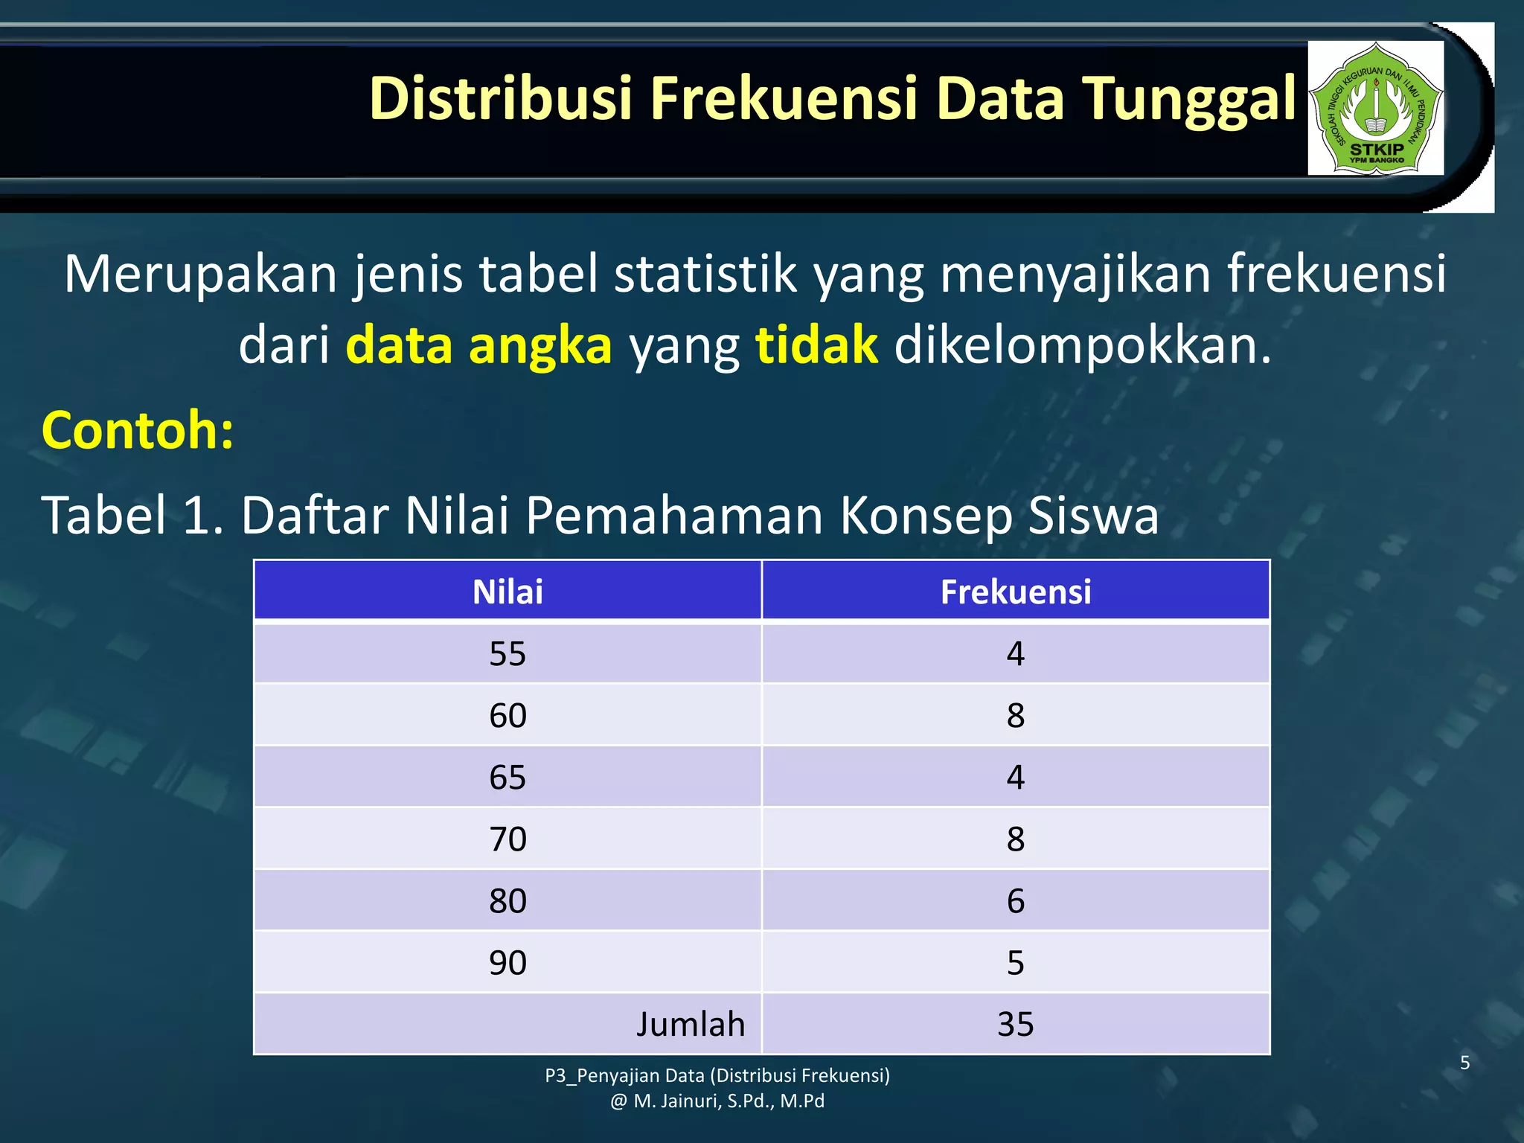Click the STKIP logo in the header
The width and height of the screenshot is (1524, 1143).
(1375, 108)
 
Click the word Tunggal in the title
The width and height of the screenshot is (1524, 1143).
(1189, 98)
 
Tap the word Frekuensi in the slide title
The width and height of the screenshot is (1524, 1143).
(784, 98)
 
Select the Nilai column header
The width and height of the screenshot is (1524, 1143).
(508, 592)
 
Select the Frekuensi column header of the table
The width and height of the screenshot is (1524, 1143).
(1015, 592)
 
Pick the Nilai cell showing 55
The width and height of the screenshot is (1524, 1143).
(508, 653)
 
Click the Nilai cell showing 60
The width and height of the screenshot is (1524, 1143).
(508, 715)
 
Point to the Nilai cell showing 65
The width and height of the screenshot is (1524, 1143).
(508, 777)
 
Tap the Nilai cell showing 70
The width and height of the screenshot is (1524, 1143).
(508, 839)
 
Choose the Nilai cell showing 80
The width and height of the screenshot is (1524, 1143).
(508, 900)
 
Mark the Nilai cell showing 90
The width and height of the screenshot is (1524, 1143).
(508, 962)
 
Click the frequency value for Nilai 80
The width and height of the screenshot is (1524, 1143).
(1015, 900)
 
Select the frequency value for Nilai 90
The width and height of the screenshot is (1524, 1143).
(1015, 962)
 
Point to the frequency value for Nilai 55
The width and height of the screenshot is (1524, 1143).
(1015, 653)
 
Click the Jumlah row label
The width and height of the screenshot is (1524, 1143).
(690, 1024)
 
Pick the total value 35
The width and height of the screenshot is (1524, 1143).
(1015, 1024)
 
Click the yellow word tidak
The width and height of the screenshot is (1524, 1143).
(816, 345)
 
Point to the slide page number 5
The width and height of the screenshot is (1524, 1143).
(1464, 1063)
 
